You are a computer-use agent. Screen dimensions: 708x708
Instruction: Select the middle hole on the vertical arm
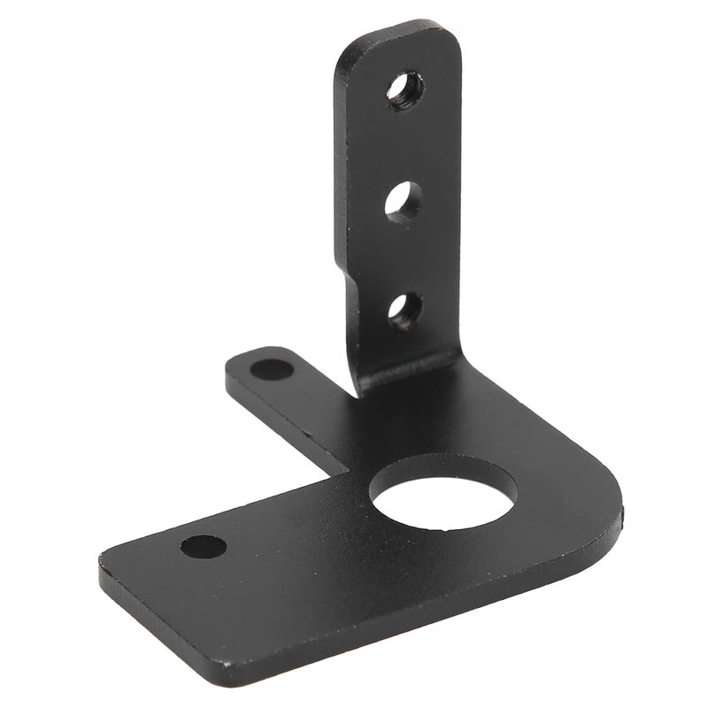[x=403, y=199]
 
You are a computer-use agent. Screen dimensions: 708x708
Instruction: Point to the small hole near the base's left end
[x=199, y=544]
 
